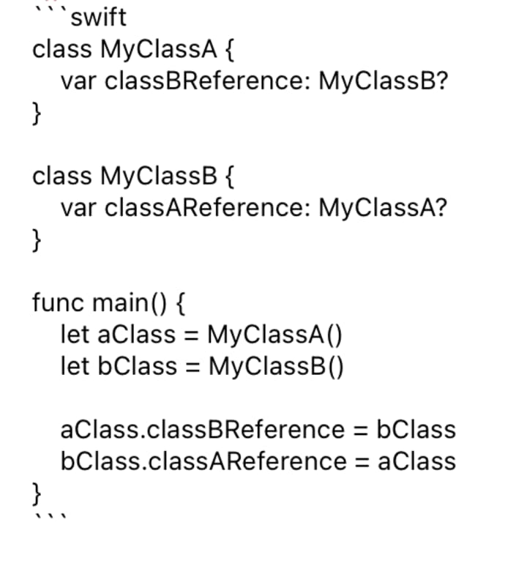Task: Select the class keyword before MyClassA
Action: pyautogui.click(x=62, y=50)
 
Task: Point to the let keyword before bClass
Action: pyautogui.click(x=75, y=365)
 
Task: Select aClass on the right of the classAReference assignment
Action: pyautogui.click(x=416, y=461)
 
